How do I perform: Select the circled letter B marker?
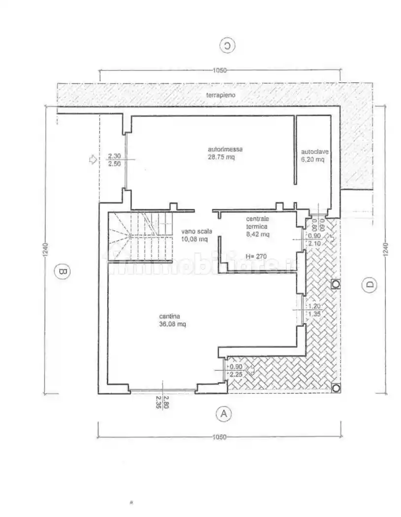point(62,271)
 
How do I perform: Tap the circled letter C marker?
point(227,46)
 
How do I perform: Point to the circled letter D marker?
point(370,285)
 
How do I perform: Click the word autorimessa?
point(225,149)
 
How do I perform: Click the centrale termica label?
point(257,223)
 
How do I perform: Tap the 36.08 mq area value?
point(172,324)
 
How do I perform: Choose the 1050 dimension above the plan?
point(220,70)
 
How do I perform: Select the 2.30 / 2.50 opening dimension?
point(114,160)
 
